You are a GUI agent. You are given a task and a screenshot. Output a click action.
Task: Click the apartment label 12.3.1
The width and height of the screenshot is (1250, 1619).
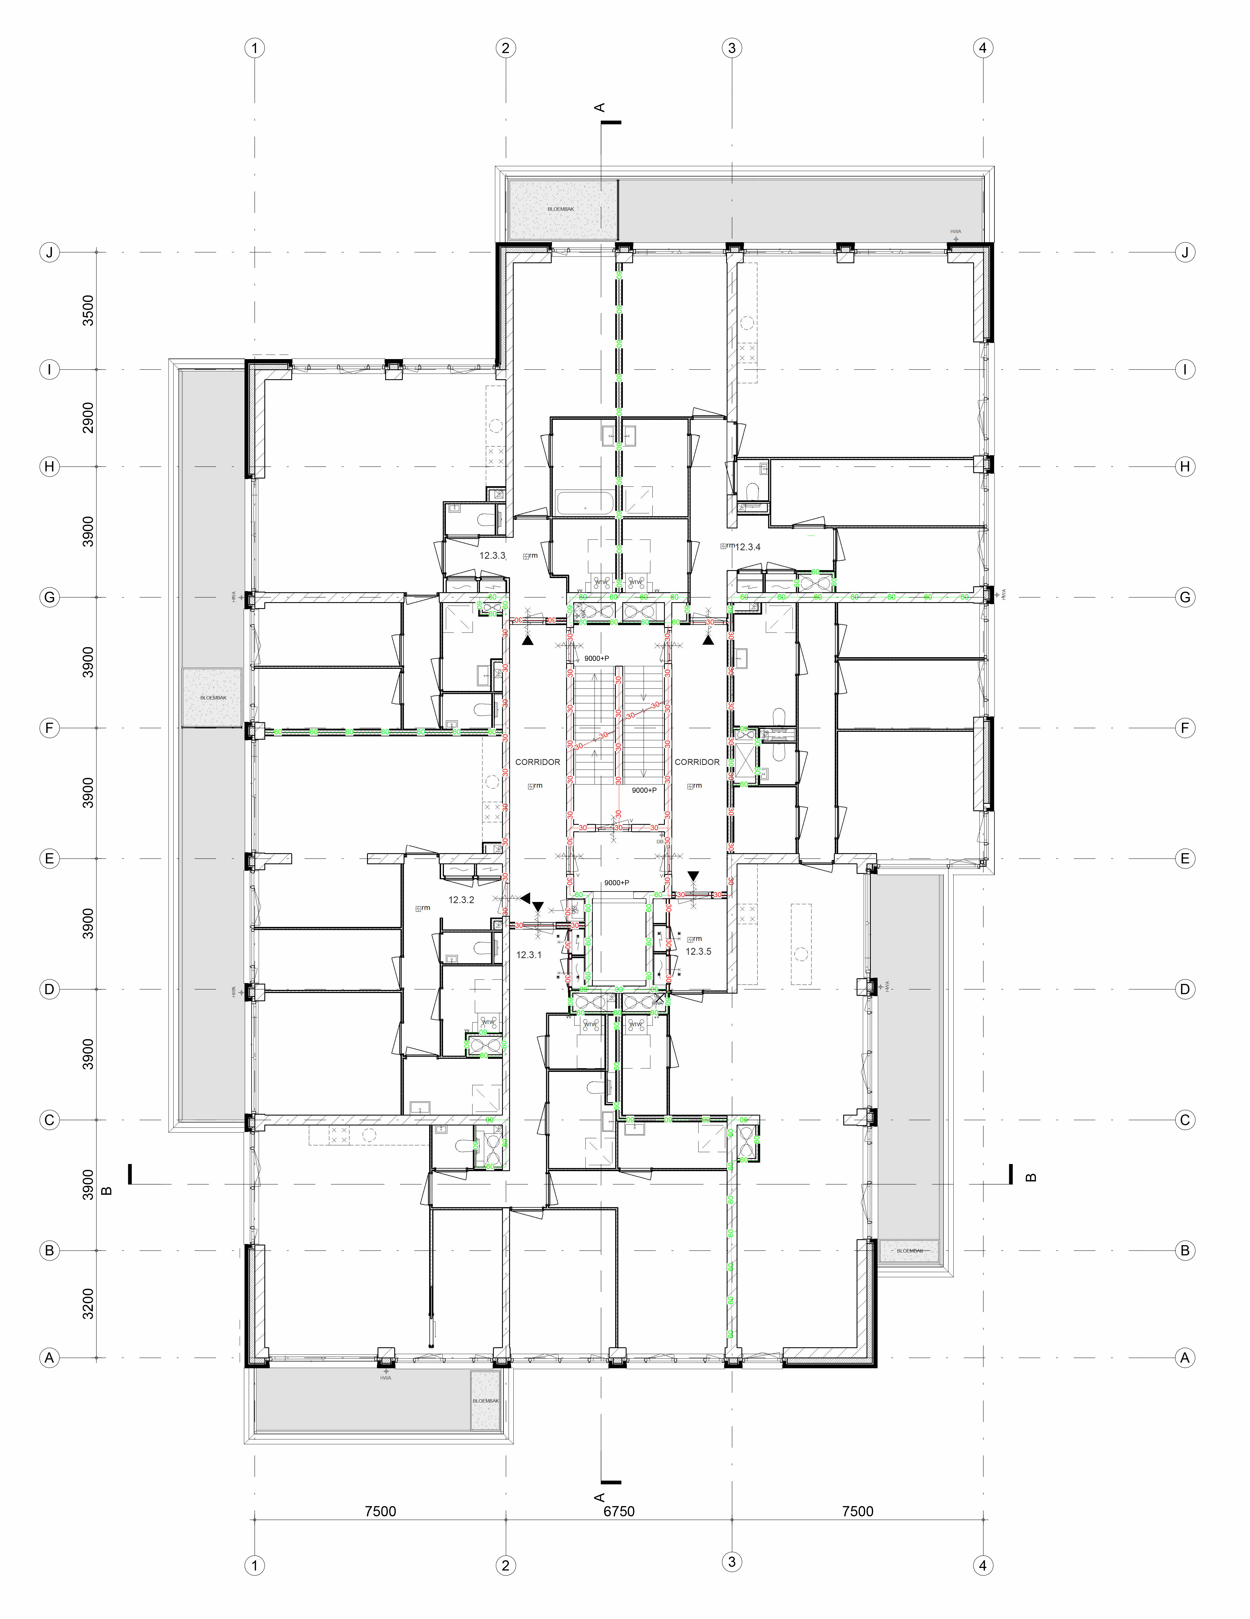pos(529,955)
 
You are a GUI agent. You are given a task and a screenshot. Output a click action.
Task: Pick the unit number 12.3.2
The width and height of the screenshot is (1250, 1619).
pos(461,900)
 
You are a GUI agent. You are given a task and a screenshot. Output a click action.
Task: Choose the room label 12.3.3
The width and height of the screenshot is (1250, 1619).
pos(492,555)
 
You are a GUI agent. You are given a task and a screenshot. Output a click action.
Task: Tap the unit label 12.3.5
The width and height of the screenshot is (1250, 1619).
pos(698,951)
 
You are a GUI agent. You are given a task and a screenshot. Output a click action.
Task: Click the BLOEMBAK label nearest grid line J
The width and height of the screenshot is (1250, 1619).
pos(560,209)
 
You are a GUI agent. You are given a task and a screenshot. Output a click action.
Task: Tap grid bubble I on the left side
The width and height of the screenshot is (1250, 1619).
pos(49,369)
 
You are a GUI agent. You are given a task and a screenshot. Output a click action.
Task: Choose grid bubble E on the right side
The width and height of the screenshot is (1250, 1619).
pos(1185,858)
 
